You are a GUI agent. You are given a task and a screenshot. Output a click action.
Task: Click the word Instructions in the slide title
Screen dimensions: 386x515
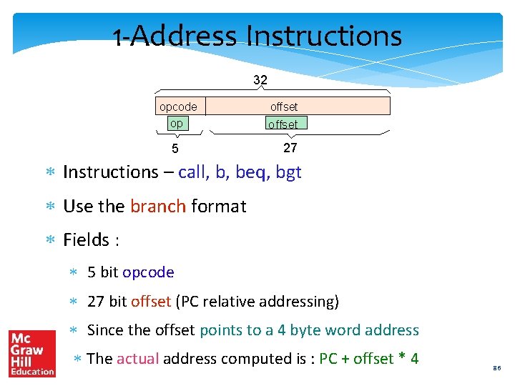(323, 36)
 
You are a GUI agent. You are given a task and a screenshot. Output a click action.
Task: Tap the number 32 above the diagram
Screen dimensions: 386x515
(260, 79)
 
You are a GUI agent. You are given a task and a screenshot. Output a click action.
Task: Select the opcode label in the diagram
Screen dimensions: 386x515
(178, 107)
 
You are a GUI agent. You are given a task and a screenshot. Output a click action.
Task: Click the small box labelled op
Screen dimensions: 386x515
(176, 123)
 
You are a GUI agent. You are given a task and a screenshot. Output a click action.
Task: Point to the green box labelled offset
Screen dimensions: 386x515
(284, 124)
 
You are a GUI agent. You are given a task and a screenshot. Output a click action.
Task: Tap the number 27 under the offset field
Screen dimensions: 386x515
(290, 148)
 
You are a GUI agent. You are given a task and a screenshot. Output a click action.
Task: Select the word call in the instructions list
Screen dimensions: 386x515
(192, 172)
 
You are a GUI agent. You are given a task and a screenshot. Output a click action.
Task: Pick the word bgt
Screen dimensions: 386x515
(288, 172)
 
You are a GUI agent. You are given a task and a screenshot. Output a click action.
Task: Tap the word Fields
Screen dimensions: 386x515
(86, 240)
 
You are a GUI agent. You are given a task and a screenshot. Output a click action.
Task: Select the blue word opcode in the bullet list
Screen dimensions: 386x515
(148, 272)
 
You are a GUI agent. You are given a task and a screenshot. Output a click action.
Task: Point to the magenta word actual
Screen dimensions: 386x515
(137, 359)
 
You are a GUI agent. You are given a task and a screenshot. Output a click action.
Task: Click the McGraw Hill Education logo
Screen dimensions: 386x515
(31, 353)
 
